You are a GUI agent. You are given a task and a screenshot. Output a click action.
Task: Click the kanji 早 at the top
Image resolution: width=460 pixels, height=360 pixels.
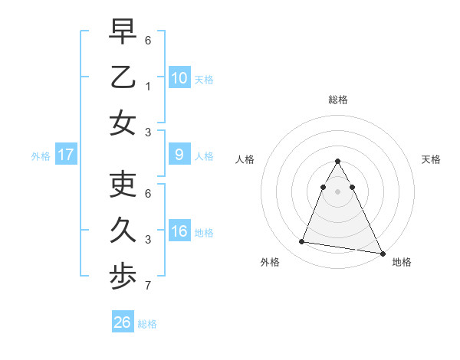(x=123, y=32)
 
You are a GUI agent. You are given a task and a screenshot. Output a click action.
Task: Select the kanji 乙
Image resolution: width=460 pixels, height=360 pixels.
(x=123, y=77)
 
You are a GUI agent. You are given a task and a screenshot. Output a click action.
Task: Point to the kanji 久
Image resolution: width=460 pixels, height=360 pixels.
(x=123, y=231)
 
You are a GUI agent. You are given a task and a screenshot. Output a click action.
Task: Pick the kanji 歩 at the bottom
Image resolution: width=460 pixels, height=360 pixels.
(x=123, y=277)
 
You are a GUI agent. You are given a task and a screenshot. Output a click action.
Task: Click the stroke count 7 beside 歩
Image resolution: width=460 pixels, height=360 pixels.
(x=149, y=286)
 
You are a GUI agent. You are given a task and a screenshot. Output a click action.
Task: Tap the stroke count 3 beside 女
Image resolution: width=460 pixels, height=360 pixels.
(x=149, y=132)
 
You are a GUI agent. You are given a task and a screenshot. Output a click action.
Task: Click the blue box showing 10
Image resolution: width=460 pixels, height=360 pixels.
(x=179, y=77)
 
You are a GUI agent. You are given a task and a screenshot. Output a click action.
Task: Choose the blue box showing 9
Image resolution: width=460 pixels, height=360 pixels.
(x=179, y=155)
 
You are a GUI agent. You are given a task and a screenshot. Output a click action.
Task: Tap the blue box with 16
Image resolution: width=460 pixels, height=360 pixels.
(x=179, y=231)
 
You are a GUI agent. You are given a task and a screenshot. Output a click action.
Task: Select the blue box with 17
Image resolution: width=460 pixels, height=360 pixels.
(x=66, y=155)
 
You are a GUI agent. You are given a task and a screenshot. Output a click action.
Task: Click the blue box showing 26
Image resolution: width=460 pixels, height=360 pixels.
(x=123, y=322)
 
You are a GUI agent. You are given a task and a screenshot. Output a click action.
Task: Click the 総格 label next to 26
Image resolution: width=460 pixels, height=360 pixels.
(x=147, y=324)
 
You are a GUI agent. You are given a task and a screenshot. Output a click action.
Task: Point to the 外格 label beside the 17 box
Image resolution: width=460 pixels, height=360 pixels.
(x=41, y=156)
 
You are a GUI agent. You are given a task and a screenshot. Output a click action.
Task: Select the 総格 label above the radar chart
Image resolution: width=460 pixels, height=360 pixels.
(x=337, y=100)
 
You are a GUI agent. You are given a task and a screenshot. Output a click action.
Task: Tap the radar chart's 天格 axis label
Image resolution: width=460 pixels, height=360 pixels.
(x=432, y=159)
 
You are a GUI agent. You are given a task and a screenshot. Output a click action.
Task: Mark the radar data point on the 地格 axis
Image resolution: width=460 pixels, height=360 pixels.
(x=382, y=251)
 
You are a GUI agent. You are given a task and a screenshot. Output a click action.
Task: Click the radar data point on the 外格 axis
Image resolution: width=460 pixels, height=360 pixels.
(x=302, y=242)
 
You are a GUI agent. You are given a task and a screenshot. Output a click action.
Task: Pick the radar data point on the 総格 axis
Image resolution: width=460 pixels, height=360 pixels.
(x=337, y=162)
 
